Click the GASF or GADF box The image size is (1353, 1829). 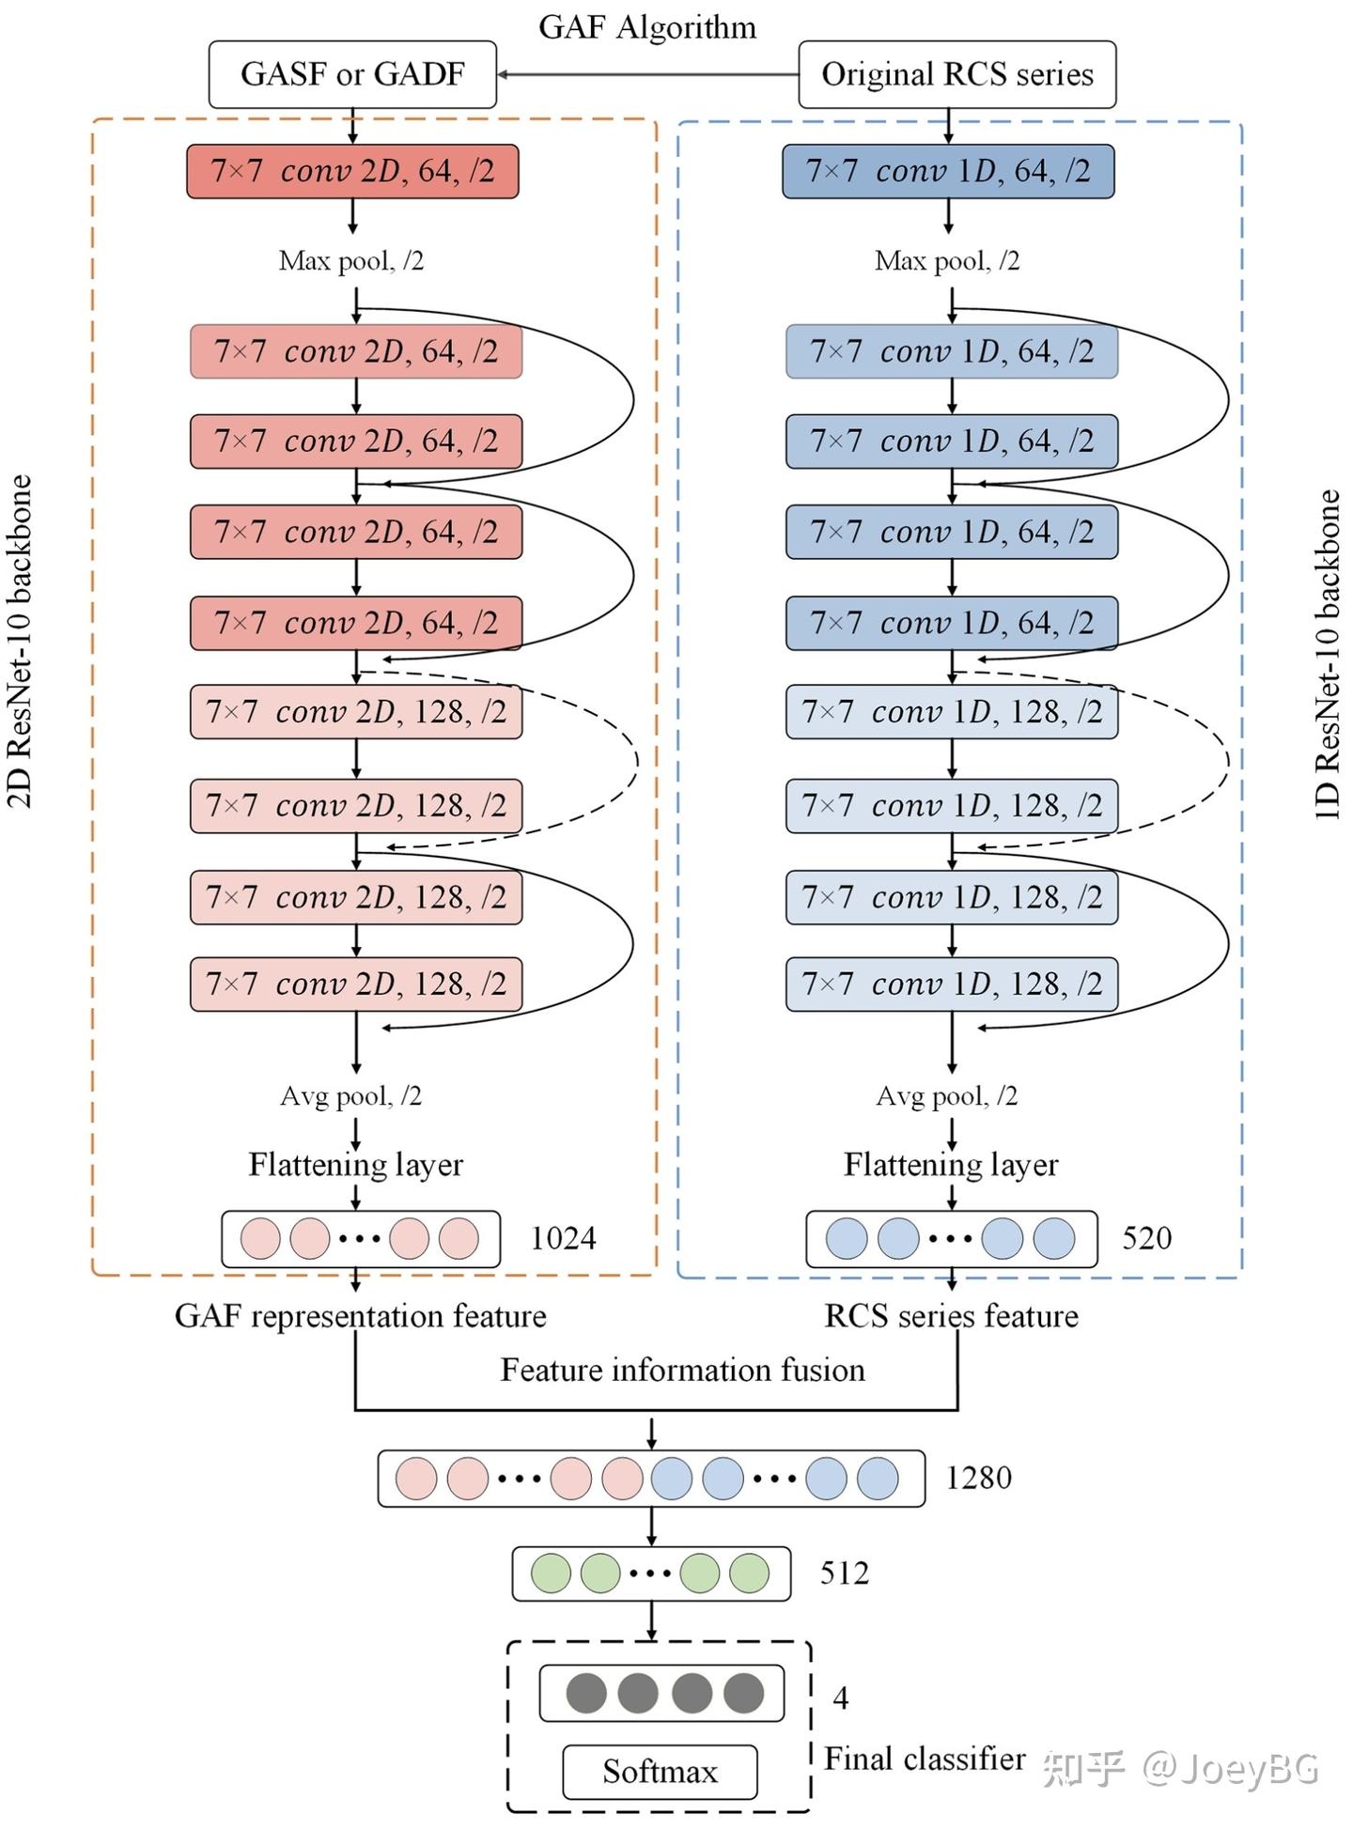[352, 74]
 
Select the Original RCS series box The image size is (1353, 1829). [957, 74]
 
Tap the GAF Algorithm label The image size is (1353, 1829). [647, 26]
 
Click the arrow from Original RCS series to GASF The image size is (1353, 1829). [647, 74]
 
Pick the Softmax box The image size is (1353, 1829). [660, 1772]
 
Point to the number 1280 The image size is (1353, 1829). [978, 1478]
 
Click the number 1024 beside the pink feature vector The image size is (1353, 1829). [563, 1238]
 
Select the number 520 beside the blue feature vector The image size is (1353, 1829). [1146, 1238]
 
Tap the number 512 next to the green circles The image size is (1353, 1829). [844, 1573]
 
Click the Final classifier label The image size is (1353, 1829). [925, 1758]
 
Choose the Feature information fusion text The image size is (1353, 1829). [682, 1370]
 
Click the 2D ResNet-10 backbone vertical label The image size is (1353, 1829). [20, 642]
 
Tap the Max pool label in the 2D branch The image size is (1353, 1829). [351, 260]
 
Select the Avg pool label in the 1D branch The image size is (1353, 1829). [947, 1096]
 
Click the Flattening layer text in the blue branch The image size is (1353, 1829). [951, 1165]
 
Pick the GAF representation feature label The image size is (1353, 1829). [361, 1316]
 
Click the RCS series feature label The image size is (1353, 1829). [951, 1316]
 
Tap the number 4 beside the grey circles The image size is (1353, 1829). [841, 1697]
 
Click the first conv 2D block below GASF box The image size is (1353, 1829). [352, 171]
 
